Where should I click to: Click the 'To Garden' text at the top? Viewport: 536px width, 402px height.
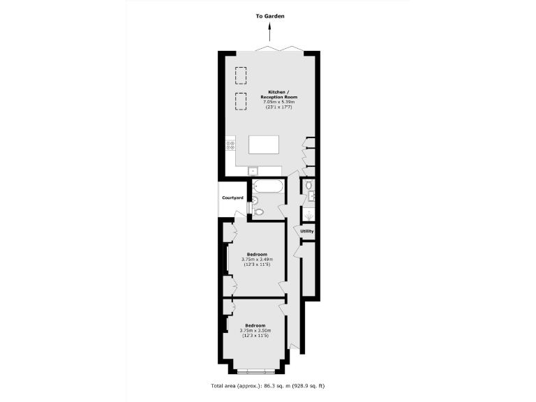[x=269, y=15]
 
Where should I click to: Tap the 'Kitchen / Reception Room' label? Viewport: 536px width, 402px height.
[x=269, y=94]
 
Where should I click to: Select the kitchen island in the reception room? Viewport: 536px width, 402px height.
[x=264, y=144]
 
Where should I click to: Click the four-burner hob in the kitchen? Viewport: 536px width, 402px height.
[x=230, y=146]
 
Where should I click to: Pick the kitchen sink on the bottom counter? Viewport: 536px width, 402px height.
[x=253, y=170]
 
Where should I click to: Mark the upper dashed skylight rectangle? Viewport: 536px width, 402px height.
[x=241, y=74]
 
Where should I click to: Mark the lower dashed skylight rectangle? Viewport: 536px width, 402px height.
[x=241, y=101]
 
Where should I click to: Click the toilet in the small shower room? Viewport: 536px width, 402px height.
[x=309, y=186]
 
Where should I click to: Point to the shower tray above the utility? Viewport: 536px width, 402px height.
[x=309, y=216]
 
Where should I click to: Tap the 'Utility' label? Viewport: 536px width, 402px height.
[x=307, y=231]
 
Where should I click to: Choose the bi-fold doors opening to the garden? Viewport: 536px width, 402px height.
[x=278, y=48]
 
